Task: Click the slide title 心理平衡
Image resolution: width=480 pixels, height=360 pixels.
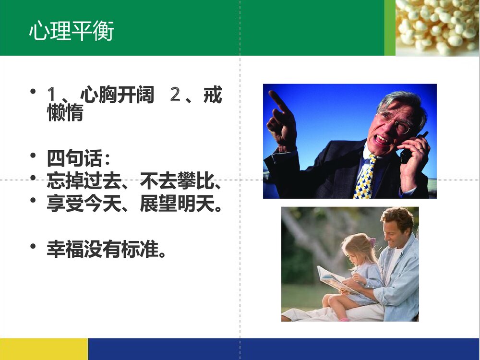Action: coord(72,31)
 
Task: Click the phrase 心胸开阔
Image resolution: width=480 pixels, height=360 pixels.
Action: coord(117,96)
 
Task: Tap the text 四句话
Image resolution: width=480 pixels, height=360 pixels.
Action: coord(76,158)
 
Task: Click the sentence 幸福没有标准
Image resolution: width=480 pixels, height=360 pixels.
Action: coord(106,249)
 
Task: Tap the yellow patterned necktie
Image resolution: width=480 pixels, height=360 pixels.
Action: coord(364,178)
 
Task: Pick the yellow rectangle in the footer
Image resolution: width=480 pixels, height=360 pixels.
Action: coord(44,349)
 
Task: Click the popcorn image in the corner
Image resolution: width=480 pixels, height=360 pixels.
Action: coord(437,27)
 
